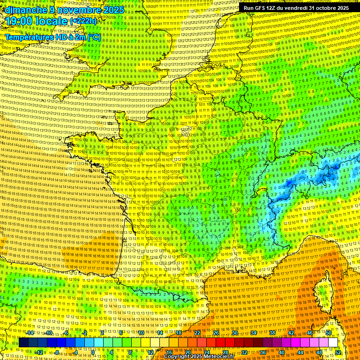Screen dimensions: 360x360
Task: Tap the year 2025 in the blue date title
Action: click(113, 10)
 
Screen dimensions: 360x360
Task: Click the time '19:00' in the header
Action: click(17, 21)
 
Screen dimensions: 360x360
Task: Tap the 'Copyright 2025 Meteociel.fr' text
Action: click(199, 357)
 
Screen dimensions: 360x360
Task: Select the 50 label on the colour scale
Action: click(329, 333)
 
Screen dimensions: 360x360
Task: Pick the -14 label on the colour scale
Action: click(31, 333)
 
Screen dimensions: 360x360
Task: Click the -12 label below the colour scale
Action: click(39, 352)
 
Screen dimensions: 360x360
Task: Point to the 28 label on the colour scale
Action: click(225, 352)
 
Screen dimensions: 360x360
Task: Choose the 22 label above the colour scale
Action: click(198, 333)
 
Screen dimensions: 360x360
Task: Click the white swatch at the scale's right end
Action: click(333, 343)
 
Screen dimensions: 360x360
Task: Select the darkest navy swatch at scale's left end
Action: click(23, 343)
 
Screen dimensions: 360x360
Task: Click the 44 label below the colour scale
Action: click(300, 352)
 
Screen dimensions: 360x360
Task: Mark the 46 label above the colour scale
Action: click(309, 333)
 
